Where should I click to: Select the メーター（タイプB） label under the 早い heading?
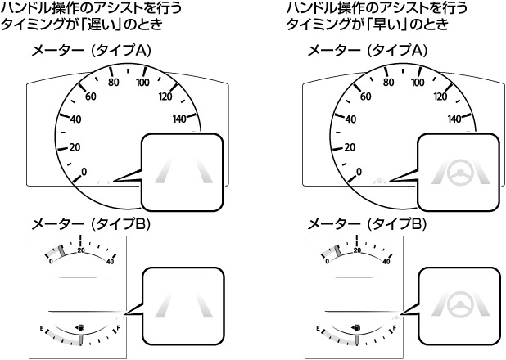tap(368, 224)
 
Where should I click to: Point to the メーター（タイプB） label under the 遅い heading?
tap(92, 224)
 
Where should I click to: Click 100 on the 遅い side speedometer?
tap(142, 83)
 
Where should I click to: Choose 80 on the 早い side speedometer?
tap(390, 83)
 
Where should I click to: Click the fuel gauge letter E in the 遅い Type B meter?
tap(43, 329)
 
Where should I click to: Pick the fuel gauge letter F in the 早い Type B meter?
tap(395, 329)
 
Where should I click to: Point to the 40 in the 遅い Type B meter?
tap(110, 262)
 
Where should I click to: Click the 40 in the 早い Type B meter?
tap(386, 262)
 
